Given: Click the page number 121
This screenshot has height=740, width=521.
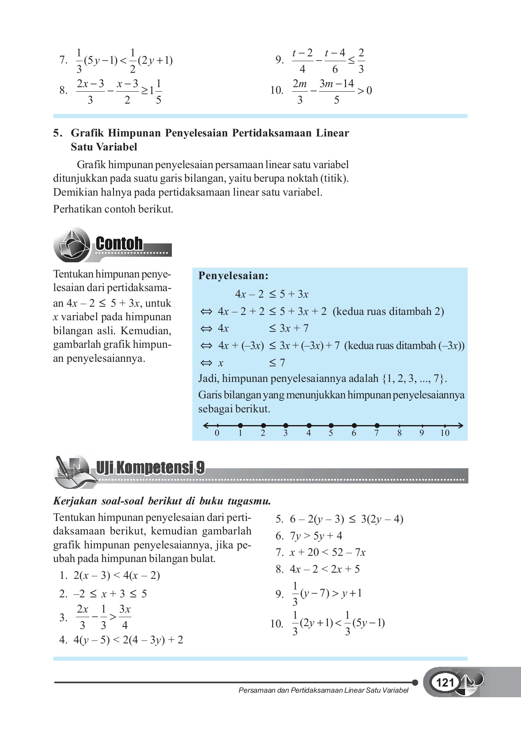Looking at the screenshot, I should point(445,683).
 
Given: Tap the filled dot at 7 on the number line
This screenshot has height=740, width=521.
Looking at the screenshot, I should point(377,425).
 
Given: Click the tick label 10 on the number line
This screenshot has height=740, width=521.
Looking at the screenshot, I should point(445,433).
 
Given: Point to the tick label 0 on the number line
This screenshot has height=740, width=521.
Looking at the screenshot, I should point(217,433).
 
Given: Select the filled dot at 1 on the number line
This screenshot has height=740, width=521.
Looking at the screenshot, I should point(240,425).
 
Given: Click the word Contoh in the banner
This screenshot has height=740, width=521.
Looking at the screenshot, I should point(119,243).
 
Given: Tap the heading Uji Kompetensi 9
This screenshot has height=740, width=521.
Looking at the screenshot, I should point(150,467).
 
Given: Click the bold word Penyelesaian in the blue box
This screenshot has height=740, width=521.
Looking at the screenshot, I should point(233,276).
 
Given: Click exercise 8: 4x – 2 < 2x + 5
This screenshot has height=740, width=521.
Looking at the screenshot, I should point(324,569).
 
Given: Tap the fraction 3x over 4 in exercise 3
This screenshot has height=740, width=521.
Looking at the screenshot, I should point(125,617).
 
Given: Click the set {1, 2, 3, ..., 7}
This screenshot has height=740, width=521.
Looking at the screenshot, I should point(414,379).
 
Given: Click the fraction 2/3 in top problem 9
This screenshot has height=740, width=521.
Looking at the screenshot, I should point(361,60).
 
